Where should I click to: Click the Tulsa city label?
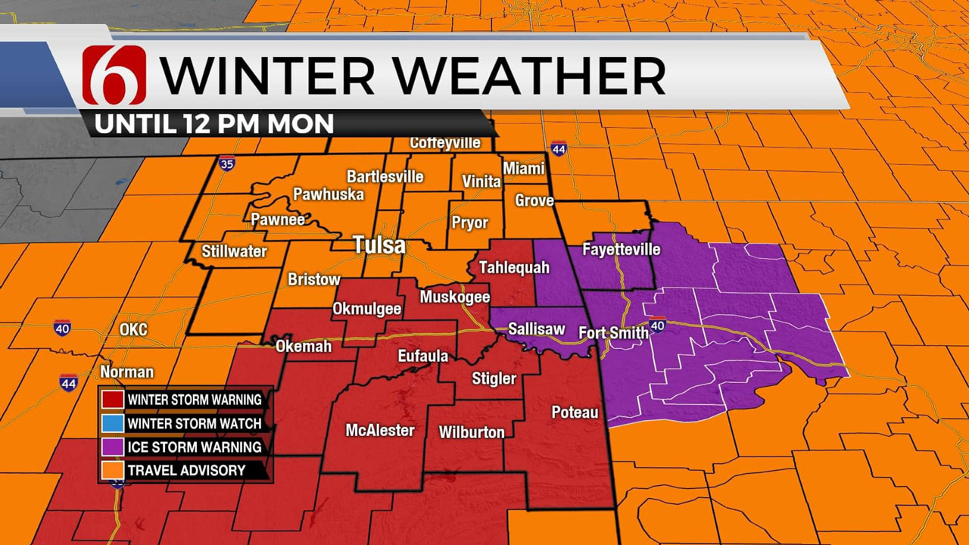(379, 246)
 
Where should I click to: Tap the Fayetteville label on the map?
(622, 249)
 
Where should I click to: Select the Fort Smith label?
(613, 332)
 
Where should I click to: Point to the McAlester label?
(380, 431)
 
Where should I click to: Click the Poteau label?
(575, 412)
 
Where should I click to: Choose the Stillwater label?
(235, 251)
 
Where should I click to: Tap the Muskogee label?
(455, 297)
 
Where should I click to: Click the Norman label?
(126, 372)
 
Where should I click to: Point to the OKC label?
(133, 330)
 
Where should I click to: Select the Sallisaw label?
(536, 329)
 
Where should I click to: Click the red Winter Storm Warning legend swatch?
(112, 399)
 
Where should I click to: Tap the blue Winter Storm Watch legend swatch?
(112, 423)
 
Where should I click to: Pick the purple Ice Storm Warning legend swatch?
(112, 447)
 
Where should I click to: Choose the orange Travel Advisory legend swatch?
(112, 470)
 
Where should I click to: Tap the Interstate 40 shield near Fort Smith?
(657, 325)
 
